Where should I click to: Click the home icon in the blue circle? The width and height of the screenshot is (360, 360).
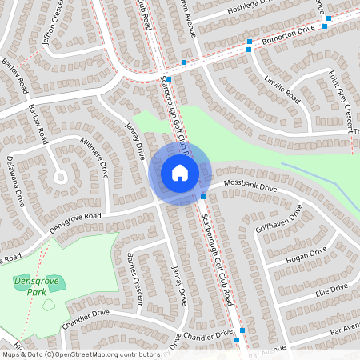click(x=179, y=172)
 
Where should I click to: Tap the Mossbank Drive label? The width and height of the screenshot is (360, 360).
click(x=250, y=186)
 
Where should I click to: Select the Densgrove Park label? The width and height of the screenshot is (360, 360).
click(x=31, y=286)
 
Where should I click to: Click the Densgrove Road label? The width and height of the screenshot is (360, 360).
click(x=74, y=221)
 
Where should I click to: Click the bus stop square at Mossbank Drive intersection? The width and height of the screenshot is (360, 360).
click(x=203, y=196)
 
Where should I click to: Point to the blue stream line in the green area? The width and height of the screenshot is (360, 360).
click(x=320, y=177)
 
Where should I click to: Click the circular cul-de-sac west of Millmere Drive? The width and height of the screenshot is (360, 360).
click(x=61, y=177)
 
